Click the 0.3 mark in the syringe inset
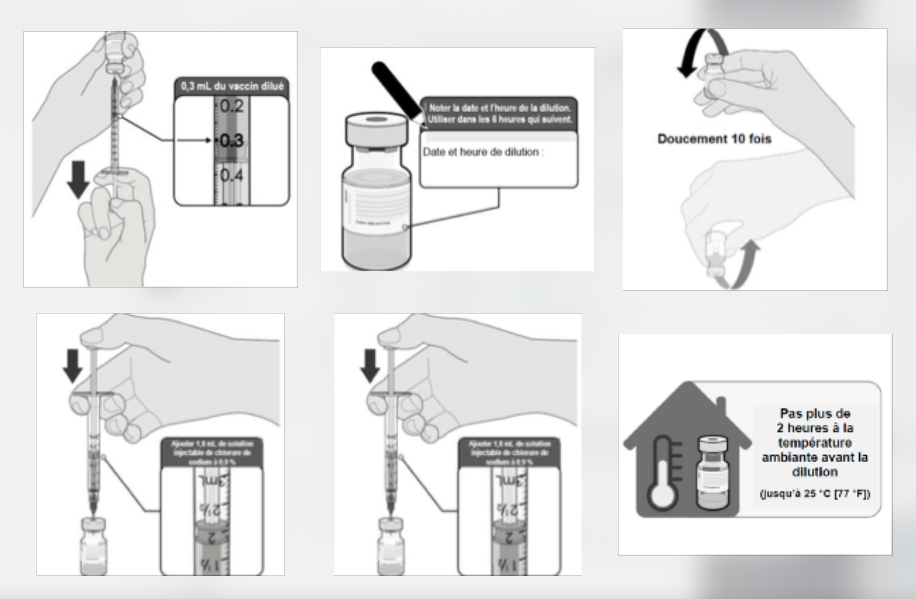pos(231,141)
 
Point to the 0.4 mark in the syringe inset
pos(232,176)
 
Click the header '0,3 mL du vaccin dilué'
pos(232,87)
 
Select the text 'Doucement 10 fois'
pos(714,139)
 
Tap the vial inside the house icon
pos(713,474)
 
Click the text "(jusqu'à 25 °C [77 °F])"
pos(815,494)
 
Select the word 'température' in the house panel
pos(815,443)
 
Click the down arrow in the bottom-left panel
pos(73,365)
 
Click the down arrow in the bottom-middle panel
pos(370,365)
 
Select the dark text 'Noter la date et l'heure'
pos(499,108)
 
